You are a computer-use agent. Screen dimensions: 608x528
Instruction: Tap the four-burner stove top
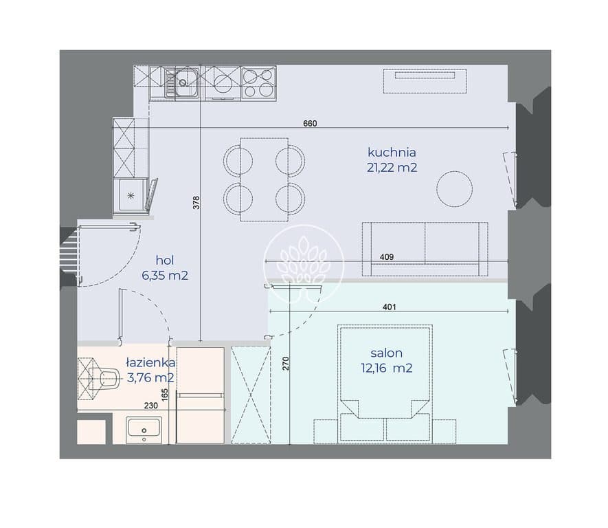point(258,82)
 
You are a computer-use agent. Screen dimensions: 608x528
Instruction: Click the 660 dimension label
point(310,123)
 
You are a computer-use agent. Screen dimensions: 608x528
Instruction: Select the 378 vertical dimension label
point(196,203)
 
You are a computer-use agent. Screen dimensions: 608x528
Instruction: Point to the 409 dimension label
point(387,257)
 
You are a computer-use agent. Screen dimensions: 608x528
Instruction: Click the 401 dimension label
point(390,307)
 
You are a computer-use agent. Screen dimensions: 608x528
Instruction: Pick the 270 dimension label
point(286,363)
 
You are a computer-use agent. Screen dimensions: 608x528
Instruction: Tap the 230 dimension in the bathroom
point(151,406)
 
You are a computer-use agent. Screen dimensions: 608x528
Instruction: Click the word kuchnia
point(392,152)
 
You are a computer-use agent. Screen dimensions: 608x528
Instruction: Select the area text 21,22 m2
point(392,168)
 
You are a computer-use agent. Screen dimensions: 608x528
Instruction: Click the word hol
point(165,260)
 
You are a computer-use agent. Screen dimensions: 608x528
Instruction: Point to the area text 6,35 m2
point(165,276)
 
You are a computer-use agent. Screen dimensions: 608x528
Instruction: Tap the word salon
point(386,353)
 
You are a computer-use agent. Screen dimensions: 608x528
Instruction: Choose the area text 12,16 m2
point(387,368)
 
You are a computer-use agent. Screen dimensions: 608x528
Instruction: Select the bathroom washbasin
point(144,430)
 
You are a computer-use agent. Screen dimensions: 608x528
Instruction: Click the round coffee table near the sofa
point(454,189)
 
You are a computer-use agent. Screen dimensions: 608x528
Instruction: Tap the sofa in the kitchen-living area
point(425,249)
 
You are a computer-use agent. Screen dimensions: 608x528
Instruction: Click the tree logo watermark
point(304,265)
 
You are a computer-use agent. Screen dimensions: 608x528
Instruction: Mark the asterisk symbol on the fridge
point(131,195)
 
